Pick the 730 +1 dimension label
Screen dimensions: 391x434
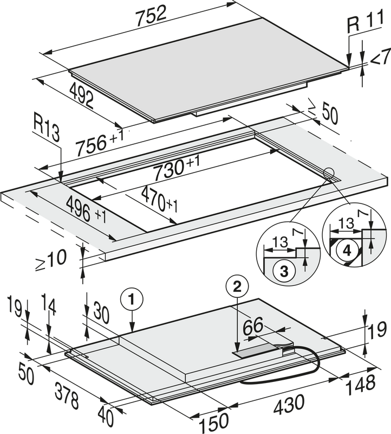point(176,168)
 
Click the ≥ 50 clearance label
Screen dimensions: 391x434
point(323,112)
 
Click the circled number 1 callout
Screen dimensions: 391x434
point(132,299)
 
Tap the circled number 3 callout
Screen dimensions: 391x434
point(284,272)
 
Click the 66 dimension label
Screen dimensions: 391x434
point(253,326)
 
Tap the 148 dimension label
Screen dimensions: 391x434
point(361,385)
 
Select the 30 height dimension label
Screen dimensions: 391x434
point(101,313)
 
